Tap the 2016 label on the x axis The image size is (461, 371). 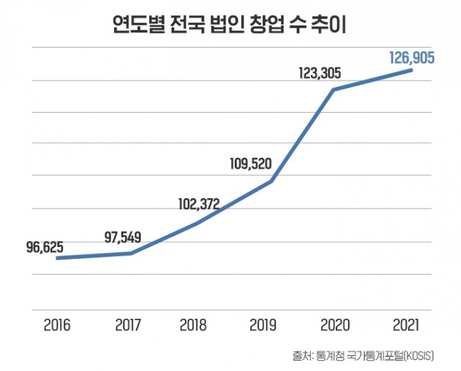point(56,324)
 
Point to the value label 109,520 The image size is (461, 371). point(251,164)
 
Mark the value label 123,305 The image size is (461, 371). point(321,72)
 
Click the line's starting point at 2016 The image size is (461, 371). point(57,258)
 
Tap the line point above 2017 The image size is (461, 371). point(131,253)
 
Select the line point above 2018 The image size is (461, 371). point(198,224)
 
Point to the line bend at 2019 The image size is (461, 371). point(271,182)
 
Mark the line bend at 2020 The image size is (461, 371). point(334,89)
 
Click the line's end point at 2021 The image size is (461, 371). point(411,70)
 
